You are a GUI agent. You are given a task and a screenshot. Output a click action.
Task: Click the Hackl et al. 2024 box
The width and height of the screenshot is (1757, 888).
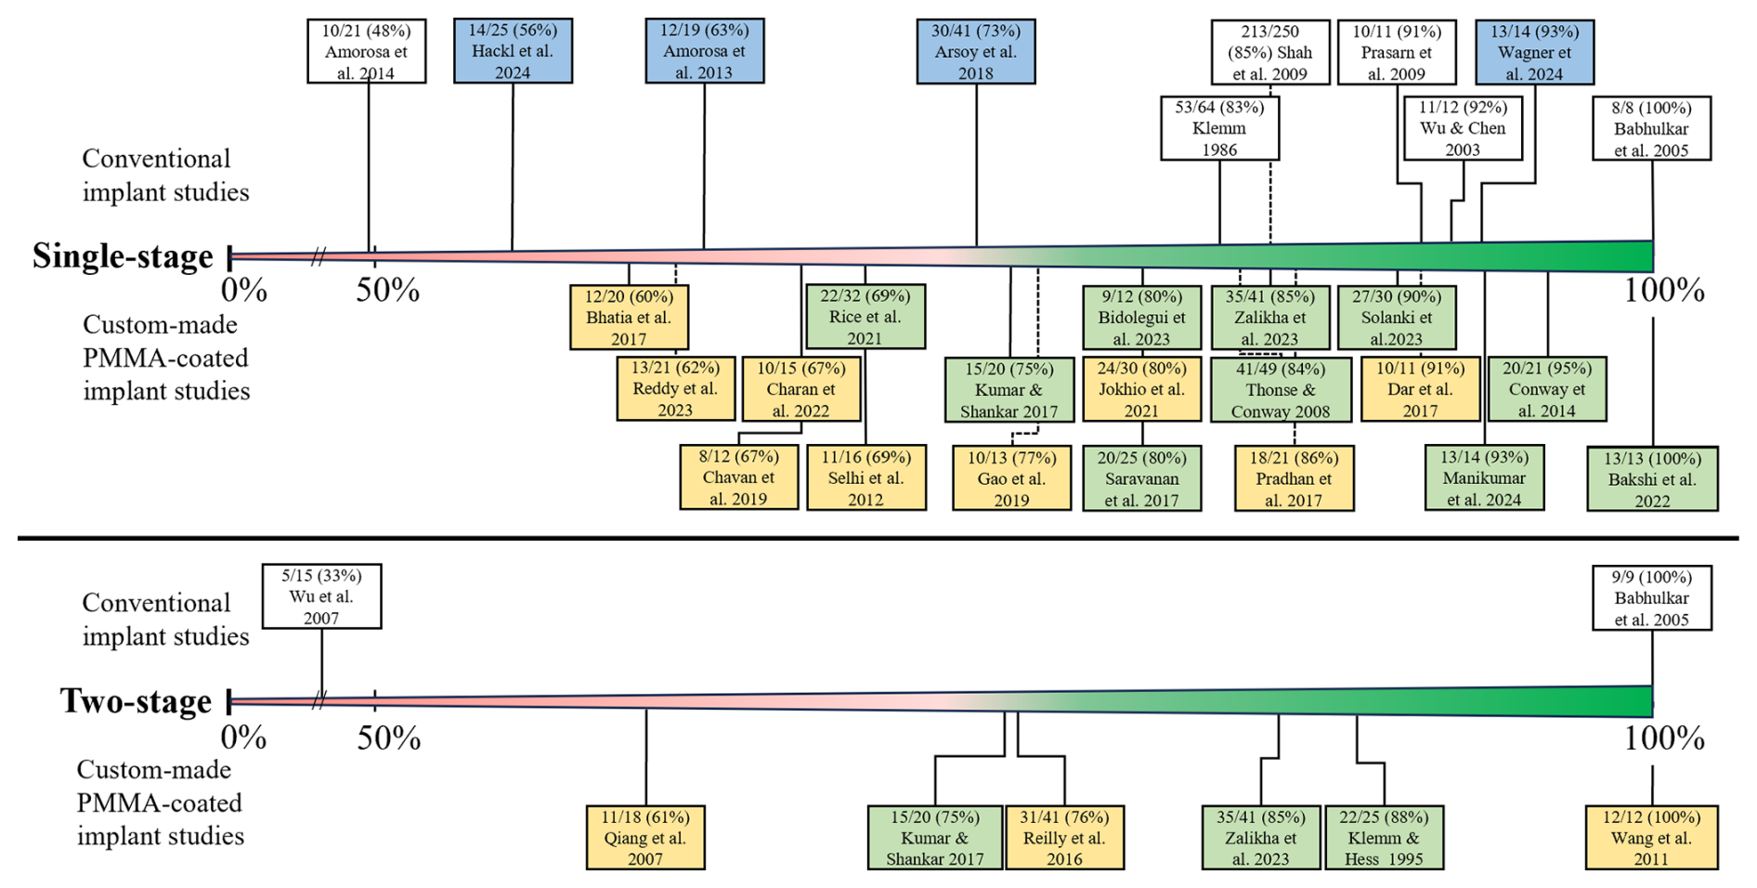point(513,52)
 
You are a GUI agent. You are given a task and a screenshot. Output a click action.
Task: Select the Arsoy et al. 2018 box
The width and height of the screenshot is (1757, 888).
point(975,52)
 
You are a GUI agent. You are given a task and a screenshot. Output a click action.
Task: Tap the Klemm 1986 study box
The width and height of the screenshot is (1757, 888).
point(1219,128)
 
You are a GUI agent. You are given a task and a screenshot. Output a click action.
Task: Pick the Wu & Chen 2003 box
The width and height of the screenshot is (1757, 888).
point(1463,128)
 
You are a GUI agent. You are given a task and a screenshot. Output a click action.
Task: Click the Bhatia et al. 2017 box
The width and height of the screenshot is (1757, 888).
point(629,318)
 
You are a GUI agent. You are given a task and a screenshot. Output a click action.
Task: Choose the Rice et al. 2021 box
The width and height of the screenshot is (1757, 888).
point(865,317)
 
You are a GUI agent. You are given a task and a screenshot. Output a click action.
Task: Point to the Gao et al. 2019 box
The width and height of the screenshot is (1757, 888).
point(1011,478)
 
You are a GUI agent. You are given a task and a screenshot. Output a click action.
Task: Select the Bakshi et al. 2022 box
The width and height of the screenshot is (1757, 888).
point(1652,479)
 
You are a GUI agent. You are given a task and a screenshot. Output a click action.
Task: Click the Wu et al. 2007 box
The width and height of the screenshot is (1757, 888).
point(321,596)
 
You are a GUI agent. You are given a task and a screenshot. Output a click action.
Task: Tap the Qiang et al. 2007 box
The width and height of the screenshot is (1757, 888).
point(645,838)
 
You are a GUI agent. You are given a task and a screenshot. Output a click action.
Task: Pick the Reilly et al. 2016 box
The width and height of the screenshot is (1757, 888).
point(1064,838)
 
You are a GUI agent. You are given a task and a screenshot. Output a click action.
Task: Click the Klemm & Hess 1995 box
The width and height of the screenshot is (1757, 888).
point(1384,838)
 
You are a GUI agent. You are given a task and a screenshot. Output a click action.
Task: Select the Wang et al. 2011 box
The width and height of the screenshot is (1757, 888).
point(1651,838)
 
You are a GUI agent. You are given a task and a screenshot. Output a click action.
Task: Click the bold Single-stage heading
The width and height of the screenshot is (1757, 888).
point(123,256)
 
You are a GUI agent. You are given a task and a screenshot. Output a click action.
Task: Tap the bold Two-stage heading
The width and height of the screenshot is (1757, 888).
point(136,701)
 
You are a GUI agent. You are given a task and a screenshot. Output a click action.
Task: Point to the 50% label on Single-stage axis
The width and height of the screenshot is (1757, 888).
point(387,291)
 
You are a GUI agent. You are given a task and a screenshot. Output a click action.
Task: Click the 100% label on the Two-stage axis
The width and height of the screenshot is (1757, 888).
point(1664,738)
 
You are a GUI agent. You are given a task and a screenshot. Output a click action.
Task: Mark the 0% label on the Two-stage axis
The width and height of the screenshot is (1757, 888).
point(243,738)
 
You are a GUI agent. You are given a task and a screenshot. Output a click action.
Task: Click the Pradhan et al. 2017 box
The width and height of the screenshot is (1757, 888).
point(1294,478)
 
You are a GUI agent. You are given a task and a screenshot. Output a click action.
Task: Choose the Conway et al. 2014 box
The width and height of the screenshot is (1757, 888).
point(1546,389)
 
